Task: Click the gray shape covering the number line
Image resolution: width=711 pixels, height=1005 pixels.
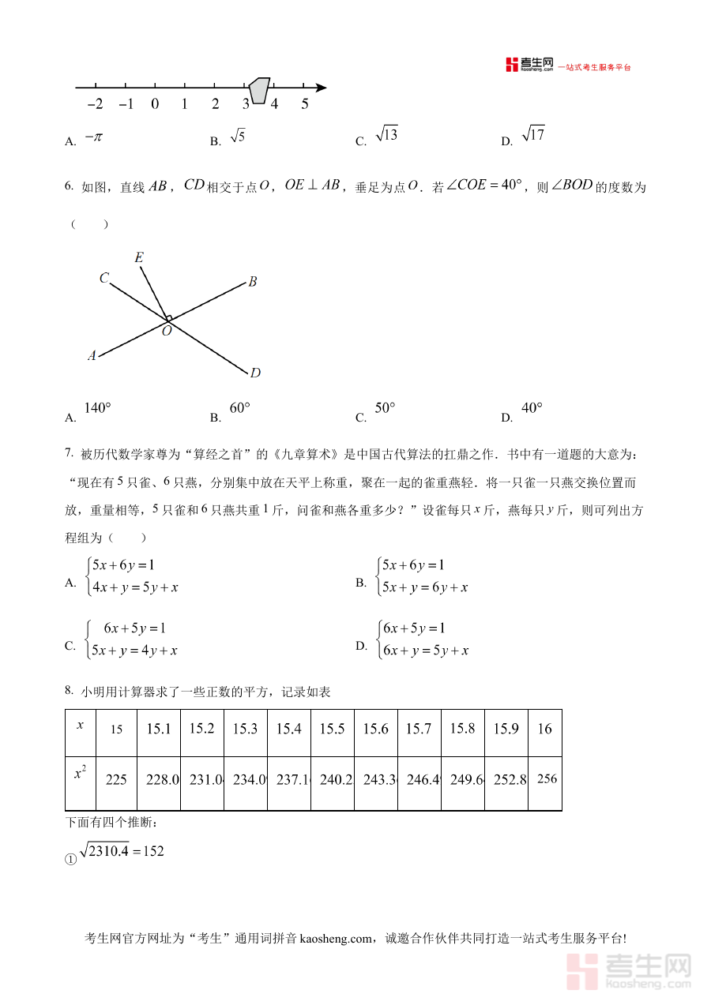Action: [259, 89]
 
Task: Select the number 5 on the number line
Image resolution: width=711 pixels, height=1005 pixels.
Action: [304, 104]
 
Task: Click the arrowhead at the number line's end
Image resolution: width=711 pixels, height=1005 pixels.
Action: [321, 87]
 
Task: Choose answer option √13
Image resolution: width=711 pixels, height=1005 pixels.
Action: [386, 135]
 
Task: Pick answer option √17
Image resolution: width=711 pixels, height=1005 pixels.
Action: [534, 135]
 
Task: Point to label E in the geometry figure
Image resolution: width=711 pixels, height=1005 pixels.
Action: [139, 257]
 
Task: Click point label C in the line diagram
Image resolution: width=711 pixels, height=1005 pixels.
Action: [104, 277]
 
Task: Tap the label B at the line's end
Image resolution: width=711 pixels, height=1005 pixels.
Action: [253, 282]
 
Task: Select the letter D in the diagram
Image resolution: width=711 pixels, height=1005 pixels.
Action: [255, 373]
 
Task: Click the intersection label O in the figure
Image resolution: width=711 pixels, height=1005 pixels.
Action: [167, 332]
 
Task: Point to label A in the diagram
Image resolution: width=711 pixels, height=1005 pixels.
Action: [92, 356]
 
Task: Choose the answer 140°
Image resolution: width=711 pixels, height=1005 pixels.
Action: [97, 408]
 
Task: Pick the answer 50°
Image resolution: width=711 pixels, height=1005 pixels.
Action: [385, 408]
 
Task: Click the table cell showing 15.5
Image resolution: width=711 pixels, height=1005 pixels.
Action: [332, 729]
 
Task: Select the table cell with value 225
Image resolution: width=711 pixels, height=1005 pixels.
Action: [116, 779]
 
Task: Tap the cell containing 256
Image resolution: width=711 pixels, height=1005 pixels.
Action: [547, 778]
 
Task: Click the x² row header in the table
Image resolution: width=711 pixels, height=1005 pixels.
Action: [80, 774]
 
